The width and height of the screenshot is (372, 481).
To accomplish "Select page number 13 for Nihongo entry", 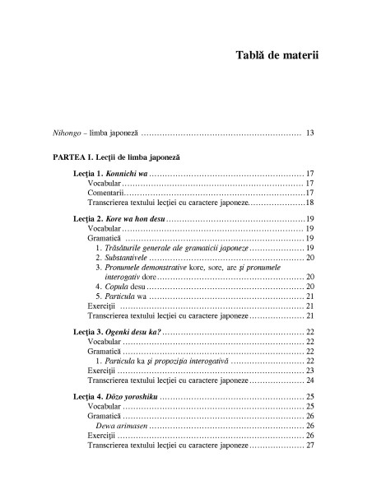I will [309, 132].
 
